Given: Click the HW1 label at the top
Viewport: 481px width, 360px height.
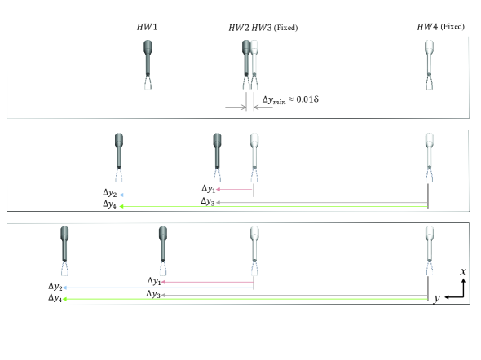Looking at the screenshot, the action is coord(147,27).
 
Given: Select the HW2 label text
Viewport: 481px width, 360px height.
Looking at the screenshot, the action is coord(239,28).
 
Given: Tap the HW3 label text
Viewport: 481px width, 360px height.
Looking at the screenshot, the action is coord(262,28).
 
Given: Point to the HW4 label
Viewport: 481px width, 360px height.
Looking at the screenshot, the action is coord(427,27).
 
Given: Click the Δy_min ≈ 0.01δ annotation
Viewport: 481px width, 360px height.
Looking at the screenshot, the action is coord(290,100).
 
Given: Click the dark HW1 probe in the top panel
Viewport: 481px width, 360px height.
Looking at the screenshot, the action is coord(148,64).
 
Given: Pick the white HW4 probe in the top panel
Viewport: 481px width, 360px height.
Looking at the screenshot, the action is coord(429,64).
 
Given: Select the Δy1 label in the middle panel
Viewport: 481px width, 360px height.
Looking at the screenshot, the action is coord(208,189).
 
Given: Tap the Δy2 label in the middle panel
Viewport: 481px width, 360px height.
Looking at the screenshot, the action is coord(109,193).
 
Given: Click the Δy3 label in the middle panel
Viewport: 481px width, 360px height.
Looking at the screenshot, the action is coord(207,202).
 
